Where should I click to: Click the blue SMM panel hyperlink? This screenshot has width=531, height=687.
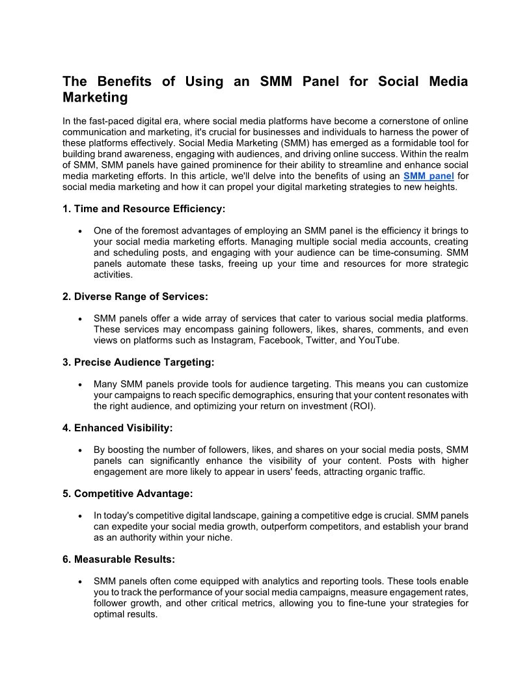click(428, 176)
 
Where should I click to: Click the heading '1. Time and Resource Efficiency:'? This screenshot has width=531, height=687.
click(144, 209)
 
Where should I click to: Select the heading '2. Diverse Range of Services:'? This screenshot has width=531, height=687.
click(135, 297)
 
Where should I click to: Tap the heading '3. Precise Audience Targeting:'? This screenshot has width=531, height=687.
click(139, 362)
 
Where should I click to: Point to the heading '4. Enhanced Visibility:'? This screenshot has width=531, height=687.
click(118, 428)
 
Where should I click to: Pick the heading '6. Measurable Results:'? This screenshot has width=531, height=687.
click(119, 559)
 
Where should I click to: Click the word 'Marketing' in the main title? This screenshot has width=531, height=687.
click(95, 98)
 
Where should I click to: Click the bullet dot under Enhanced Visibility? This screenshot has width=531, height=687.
click(79, 450)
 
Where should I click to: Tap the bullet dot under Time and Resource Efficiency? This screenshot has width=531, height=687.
click(79, 231)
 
